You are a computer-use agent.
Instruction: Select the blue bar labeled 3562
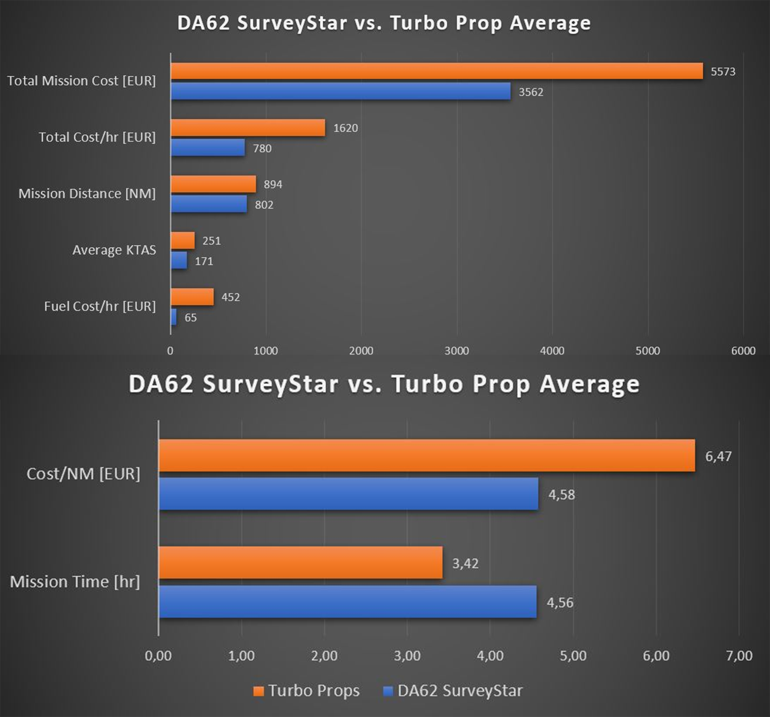[340, 91]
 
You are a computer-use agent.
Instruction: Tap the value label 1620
[345, 128]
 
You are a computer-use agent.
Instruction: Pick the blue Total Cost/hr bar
[207, 147]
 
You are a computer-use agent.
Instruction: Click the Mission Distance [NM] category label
[87, 194]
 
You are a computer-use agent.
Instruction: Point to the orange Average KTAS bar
[183, 240]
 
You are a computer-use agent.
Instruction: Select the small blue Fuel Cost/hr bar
[174, 317]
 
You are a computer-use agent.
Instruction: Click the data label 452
[231, 297]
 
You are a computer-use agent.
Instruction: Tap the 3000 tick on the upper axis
[456, 351]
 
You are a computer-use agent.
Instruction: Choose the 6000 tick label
[743, 351]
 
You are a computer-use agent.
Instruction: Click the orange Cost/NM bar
[427, 455]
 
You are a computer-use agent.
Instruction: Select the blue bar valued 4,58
[348, 494]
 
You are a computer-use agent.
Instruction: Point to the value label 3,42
[465, 563]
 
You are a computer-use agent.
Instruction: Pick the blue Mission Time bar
[348, 602]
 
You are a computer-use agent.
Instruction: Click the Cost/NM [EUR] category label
[83, 474]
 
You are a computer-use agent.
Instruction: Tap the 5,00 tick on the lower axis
[573, 655]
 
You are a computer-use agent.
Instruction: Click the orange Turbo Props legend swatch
[258, 691]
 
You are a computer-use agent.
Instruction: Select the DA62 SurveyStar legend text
[460, 691]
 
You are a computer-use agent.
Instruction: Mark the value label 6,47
[718, 456]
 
